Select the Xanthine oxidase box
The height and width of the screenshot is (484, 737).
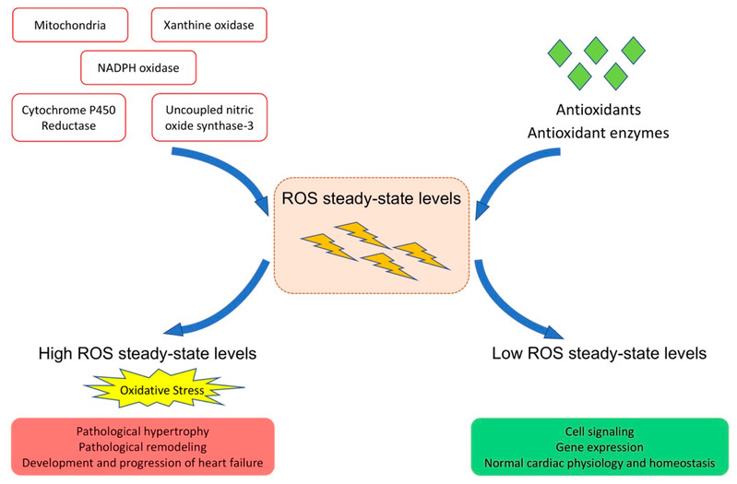[x=209, y=26]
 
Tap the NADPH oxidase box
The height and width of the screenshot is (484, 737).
[x=138, y=67]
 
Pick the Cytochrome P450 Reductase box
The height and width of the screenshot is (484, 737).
[x=69, y=116]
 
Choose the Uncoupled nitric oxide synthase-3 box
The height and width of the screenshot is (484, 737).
[x=209, y=116]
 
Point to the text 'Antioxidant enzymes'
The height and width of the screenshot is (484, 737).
[x=598, y=133]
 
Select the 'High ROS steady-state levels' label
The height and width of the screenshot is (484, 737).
[x=147, y=352]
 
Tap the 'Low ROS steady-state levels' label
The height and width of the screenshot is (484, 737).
[x=600, y=352]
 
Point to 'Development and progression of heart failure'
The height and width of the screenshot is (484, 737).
[x=142, y=462]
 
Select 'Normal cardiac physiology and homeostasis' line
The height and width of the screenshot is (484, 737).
[x=599, y=462]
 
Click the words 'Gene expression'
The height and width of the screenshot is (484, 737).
[x=599, y=447]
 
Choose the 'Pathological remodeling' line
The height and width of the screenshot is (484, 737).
[x=142, y=447]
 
